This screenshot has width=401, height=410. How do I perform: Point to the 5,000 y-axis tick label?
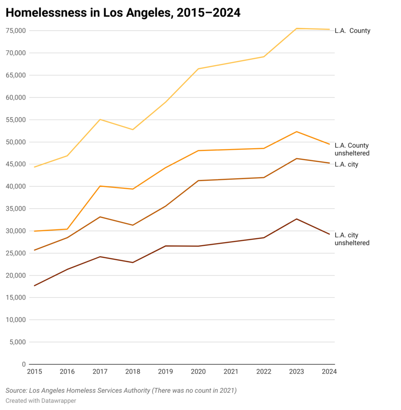(x=16, y=342)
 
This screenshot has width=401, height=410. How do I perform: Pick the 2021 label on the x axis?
(x=231, y=372)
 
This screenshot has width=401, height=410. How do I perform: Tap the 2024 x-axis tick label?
(x=329, y=372)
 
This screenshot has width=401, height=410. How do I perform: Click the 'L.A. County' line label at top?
(x=352, y=31)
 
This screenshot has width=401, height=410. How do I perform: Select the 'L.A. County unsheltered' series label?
(x=352, y=149)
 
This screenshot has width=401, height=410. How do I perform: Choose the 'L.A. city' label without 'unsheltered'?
(x=346, y=165)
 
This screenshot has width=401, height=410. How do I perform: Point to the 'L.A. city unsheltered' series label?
(x=352, y=239)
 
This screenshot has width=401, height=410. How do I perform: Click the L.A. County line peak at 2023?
(x=297, y=28)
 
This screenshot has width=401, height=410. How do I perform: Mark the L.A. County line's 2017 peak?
(x=100, y=119)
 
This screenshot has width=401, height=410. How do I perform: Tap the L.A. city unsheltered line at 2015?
(x=35, y=285)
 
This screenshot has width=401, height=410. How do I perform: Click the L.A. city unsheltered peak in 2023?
(x=297, y=219)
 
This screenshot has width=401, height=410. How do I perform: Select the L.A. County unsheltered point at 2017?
(x=100, y=186)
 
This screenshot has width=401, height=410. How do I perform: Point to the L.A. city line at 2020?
(x=198, y=181)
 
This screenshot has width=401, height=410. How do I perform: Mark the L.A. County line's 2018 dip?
(x=132, y=130)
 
